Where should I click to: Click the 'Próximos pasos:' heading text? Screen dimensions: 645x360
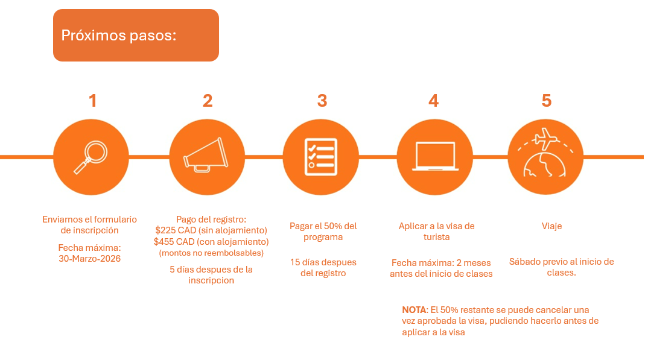click(118, 36)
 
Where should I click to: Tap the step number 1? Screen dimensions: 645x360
click(93, 101)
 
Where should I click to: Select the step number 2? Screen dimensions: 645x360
click(208, 101)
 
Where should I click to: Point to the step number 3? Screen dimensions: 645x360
click(322, 101)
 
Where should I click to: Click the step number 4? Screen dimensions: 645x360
click(434, 101)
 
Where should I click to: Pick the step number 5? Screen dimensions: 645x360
click(546, 101)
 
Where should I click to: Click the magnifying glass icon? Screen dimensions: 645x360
click(91, 157)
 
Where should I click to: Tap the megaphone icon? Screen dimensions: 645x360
click(206, 155)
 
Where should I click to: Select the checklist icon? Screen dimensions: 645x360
click(321, 157)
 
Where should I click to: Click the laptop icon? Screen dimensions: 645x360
click(435, 156)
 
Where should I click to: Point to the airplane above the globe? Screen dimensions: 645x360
click(545, 139)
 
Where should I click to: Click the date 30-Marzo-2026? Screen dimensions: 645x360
click(90, 259)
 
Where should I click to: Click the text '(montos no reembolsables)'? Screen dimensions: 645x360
click(211, 253)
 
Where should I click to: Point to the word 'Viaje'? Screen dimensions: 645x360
click(551, 226)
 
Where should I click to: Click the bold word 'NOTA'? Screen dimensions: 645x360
click(415, 310)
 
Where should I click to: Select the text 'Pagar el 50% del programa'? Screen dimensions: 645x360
click(323, 232)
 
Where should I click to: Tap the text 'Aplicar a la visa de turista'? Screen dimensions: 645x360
click(436, 232)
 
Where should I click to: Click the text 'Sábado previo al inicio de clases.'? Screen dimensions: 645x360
click(562, 267)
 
